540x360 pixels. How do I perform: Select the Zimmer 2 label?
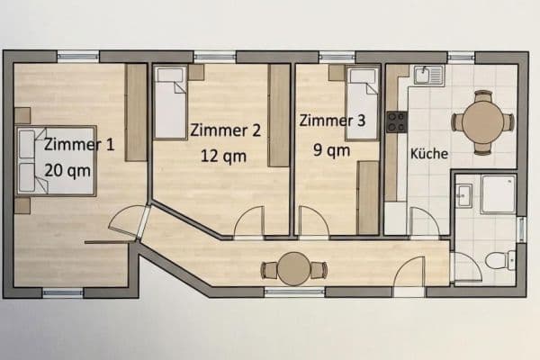pos(226,130)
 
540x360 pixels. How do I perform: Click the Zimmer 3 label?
pos(333,120)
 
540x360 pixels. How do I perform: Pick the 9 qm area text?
pos(331,149)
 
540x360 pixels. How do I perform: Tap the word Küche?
pos(428,154)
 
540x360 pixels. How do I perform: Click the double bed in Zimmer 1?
pos(56,160)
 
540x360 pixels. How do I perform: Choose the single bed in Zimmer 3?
pos(363,103)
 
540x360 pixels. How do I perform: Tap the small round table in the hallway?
pos(293,269)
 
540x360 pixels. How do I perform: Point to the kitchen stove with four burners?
pos(396,121)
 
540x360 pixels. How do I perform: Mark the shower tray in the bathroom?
pos(498,193)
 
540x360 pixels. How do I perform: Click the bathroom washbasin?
pos(463,194)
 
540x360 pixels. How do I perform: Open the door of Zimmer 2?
pos(249,223)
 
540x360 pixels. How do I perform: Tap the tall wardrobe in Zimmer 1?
pos(136,112)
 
